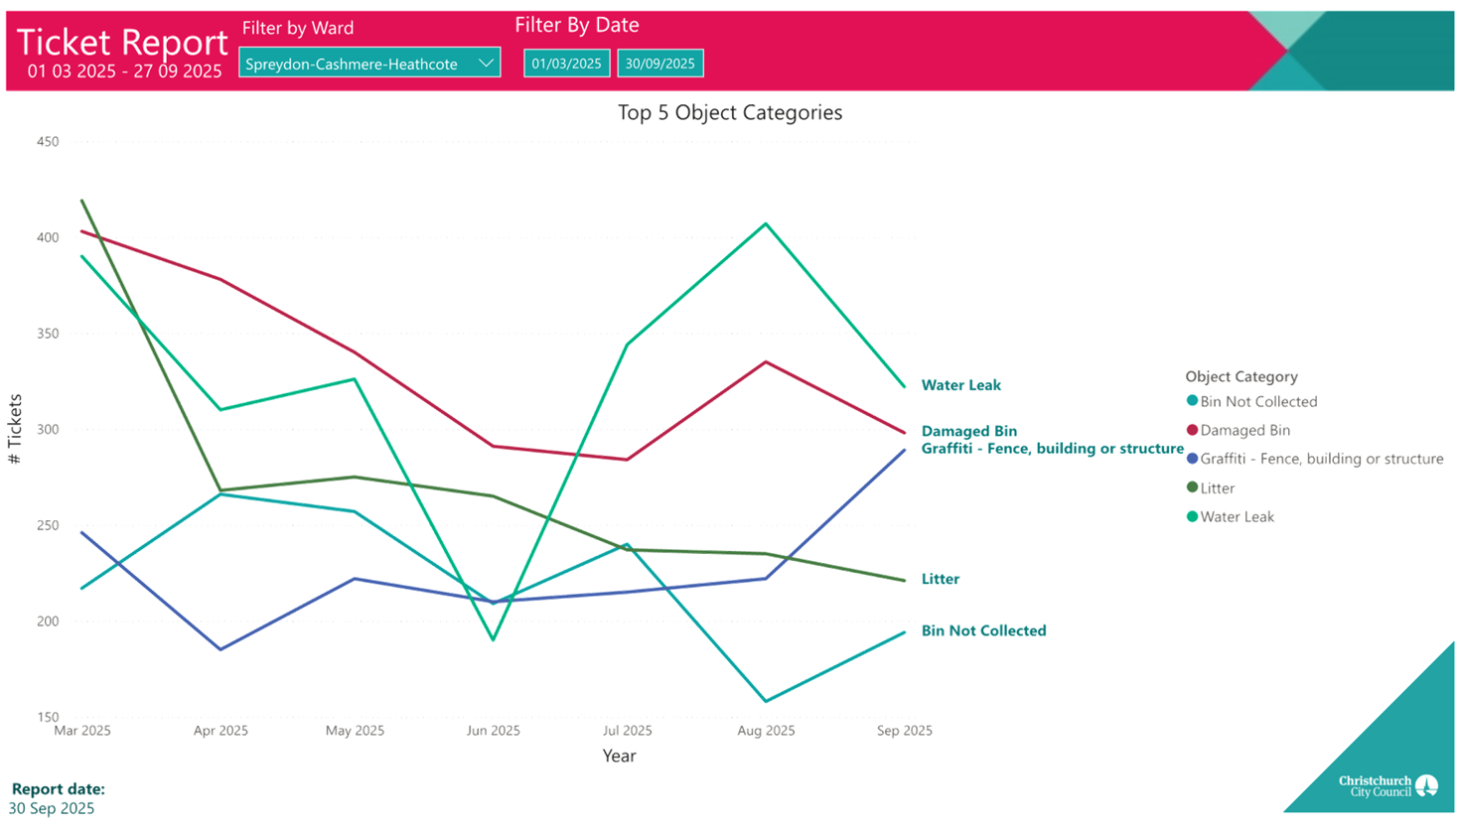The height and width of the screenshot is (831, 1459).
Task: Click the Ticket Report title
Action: (x=122, y=43)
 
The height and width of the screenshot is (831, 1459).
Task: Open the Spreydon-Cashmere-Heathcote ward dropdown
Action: (x=368, y=64)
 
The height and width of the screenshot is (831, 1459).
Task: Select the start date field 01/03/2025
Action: (x=566, y=64)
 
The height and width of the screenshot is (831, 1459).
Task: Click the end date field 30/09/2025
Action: (x=660, y=64)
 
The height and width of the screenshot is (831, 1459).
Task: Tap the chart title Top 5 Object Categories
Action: (x=729, y=113)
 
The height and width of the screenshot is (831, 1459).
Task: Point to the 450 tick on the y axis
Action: (x=48, y=141)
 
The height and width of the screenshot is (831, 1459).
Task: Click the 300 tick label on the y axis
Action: (x=48, y=429)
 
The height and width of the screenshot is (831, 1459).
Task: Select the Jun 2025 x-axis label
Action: (x=493, y=731)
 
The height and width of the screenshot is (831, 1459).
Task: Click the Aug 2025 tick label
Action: (x=765, y=731)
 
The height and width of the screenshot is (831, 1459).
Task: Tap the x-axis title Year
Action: (x=619, y=756)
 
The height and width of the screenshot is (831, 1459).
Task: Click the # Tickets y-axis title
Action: (x=15, y=429)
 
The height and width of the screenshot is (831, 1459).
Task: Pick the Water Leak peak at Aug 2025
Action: (x=765, y=223)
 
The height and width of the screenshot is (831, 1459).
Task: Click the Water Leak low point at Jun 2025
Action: (x=493, y=640)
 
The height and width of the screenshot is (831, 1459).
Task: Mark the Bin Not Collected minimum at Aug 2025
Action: (x=765, y=702)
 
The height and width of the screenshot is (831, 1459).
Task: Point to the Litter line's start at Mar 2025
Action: (x=81, y=200)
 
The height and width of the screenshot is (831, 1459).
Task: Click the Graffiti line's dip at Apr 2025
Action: (x=219, y=649)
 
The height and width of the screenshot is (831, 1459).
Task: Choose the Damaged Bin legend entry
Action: (x=1244, y=430)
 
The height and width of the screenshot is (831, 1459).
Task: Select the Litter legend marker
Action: (x=1192, y=487)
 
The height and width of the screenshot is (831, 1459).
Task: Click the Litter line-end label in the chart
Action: (x=940, y=579)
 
